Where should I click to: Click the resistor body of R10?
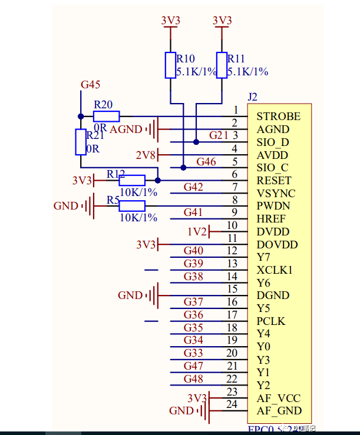170,65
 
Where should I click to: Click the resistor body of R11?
222,65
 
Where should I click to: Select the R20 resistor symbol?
106,116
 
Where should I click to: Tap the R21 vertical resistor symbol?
81,142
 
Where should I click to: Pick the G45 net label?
90,84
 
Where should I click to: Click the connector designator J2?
252,97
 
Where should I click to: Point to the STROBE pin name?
278,117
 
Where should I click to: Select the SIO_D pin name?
273,142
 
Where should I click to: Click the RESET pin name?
274,181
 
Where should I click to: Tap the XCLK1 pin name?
275,270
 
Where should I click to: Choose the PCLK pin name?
271,321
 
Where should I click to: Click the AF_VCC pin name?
279,399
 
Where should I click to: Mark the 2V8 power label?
146,155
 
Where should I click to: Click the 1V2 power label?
197,232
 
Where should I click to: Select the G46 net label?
206,161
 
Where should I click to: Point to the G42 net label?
193,187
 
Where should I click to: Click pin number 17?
232,315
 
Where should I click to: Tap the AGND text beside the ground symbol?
125,129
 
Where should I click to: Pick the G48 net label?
193,379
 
